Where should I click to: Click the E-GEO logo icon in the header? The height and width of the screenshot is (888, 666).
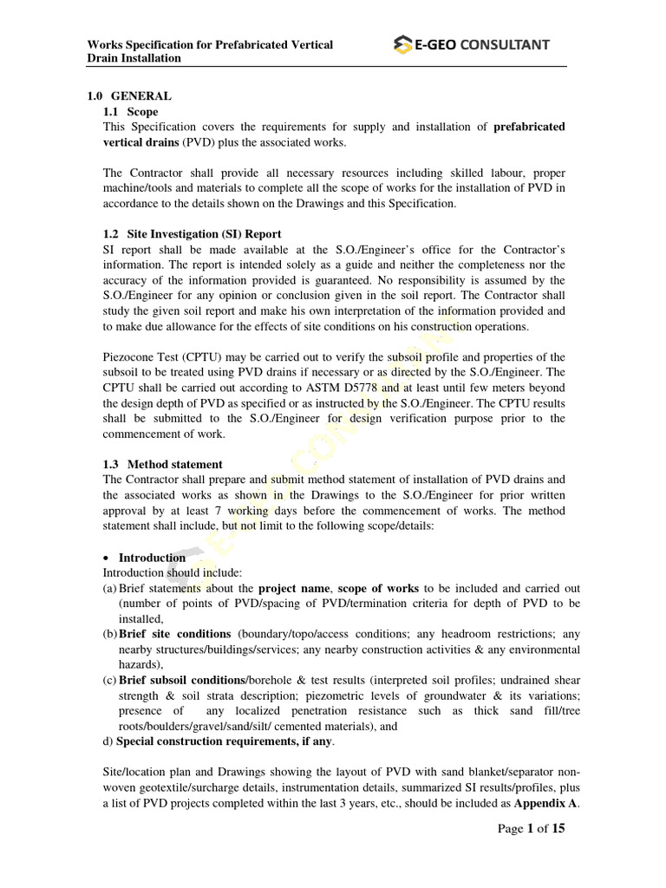click(402, 44)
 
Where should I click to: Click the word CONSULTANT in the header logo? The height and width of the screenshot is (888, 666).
click(504, 45)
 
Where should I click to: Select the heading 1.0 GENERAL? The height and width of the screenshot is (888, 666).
click(129, 96)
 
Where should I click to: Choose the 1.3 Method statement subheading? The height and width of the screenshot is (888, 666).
click(162, 464)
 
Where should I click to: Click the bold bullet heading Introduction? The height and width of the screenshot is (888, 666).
click(152, 557)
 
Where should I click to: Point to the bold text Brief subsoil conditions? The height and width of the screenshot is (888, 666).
click(182, 680)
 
